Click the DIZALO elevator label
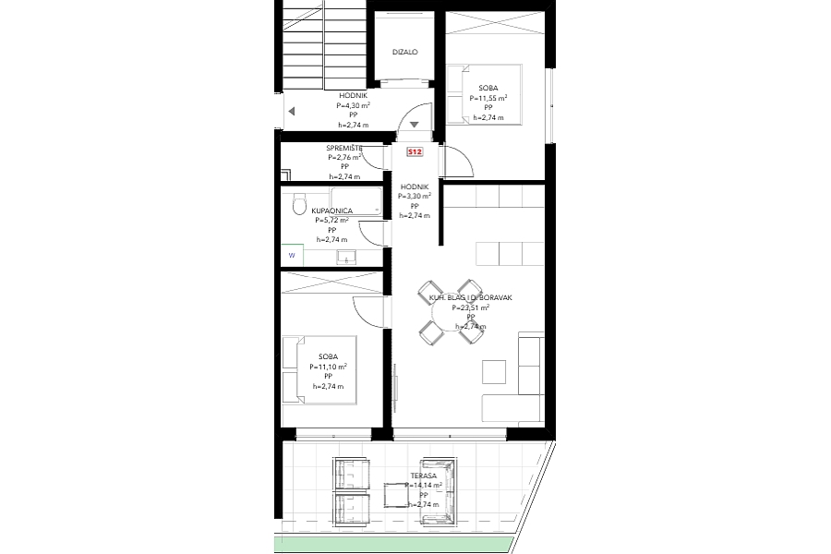click(405, 53)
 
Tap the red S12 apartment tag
click(415, 151)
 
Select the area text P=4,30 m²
click(354, 105)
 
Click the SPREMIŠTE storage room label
click(344, 149)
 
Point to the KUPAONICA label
click(331, 211)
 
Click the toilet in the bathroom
click(297, 205)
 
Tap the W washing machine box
click(292, 255)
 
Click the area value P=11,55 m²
click(488, 98)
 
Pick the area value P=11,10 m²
click(328, 367)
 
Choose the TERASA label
click(424, 476)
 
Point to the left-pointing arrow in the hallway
click(291, 111)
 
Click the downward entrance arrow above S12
click(415, 125)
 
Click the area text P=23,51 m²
click(470, 307)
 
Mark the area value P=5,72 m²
click(331, 221)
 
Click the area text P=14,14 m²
click(424, 485)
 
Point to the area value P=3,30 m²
click(415, 197)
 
